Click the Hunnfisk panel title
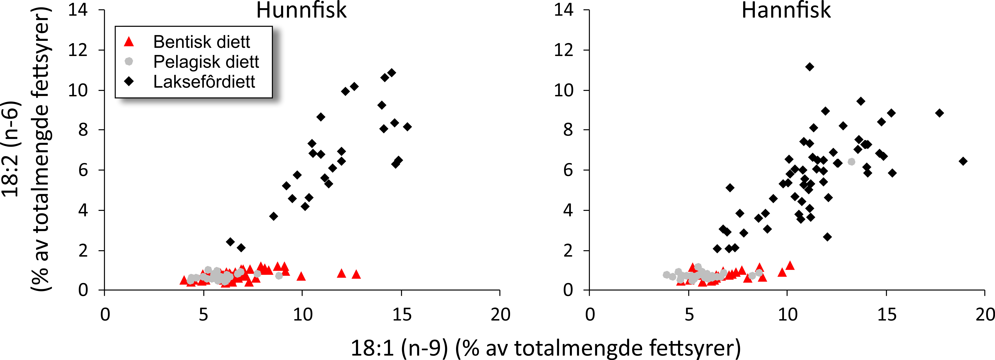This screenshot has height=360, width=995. point(301,10)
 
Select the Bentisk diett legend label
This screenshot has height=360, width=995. point(202,42)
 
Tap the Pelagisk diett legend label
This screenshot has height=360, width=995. point(206,62)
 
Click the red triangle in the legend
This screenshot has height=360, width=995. point(129,42)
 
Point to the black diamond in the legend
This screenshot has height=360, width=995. point(129,81)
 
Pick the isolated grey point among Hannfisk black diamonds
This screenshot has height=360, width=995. point(851,161)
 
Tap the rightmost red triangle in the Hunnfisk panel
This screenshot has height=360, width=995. point(356,274)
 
